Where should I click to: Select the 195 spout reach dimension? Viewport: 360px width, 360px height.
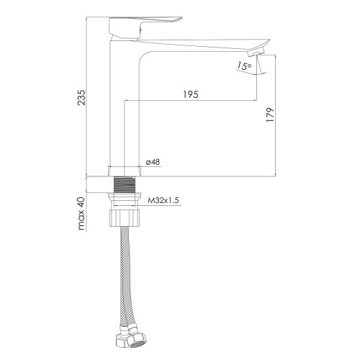click(191, 94)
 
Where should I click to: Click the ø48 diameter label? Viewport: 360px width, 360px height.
click(152, 163)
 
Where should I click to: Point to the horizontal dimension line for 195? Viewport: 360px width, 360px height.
click(191, 100)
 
